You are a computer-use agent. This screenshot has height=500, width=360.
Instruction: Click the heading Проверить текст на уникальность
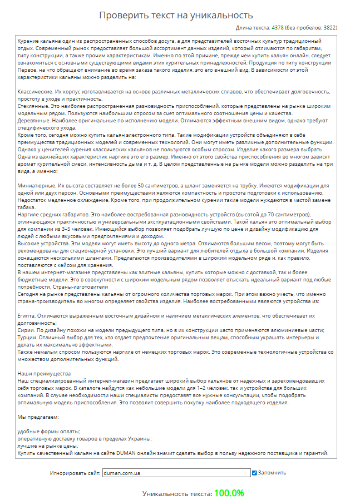[176, 15]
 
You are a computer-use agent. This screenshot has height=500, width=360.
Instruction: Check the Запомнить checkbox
[254, 473]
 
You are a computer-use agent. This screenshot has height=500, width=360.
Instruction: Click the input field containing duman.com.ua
[176, 473]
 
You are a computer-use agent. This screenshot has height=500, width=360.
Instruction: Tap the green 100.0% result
[229, 493]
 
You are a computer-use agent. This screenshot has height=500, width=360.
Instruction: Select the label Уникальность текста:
[177, 493]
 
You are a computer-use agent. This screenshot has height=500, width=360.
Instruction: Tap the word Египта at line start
[26, 315]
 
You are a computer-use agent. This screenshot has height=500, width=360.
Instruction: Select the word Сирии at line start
[25, 330]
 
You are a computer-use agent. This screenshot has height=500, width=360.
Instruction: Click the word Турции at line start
[26, 338]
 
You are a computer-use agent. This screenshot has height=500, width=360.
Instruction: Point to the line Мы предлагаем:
[38, 417]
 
